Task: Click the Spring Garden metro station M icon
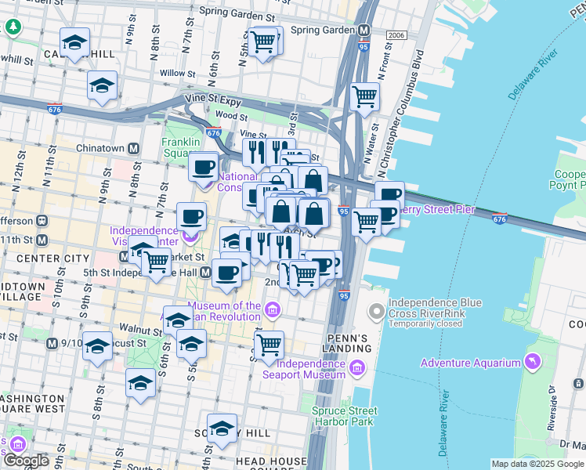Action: pos(364,30)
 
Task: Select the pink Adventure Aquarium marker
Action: pos(533,362)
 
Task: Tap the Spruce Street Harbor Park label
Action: pos(344,416)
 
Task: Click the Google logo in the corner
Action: pos(25,461)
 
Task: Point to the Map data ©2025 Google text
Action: pos(537,464)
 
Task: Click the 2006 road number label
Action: pos(396,35)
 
